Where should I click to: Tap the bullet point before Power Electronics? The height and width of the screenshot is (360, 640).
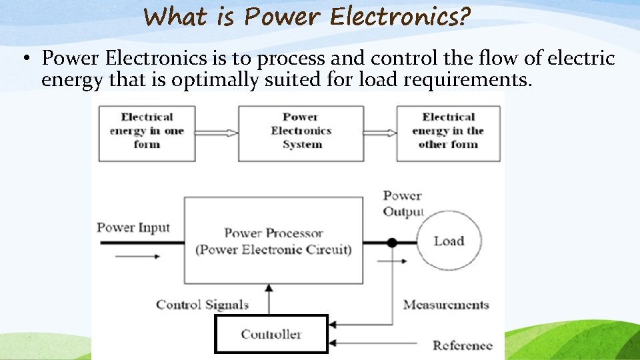(25, 59)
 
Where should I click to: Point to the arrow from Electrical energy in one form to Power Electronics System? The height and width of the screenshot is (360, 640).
(217, 133)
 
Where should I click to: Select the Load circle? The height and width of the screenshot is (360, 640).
(448, 241)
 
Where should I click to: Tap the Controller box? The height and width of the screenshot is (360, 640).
(271, 334)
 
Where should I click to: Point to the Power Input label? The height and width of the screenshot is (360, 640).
(133, 227)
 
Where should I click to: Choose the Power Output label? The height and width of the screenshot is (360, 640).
(403, 203)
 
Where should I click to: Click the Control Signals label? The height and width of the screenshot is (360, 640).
(202, 305)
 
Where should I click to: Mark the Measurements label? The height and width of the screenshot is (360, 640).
(446, 305)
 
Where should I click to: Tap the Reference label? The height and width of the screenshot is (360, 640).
(462, 345)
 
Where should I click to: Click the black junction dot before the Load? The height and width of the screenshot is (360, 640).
(392, 243)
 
